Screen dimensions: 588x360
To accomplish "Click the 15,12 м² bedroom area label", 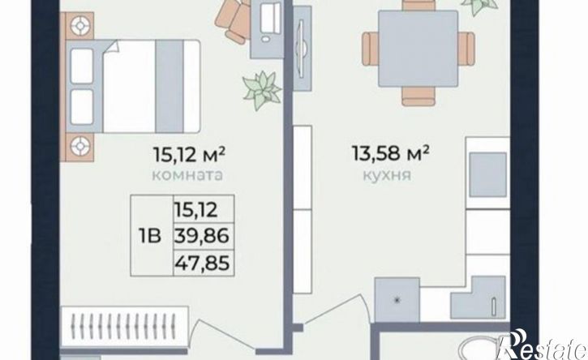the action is (189, 154).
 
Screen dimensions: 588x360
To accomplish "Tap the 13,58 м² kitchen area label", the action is (390, 153).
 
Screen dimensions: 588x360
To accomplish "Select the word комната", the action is (187, 175).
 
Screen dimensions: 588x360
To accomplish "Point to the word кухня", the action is (387, 175).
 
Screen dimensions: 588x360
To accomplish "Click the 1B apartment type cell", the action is (150, 236).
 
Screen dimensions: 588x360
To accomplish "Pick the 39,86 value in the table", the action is (202, 236).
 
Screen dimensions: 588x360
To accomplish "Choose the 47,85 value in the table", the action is (202, 263).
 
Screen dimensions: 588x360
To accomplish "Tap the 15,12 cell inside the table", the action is (195, 210).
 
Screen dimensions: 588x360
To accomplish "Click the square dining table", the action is (418, 49).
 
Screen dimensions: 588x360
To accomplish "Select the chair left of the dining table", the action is (370, 49).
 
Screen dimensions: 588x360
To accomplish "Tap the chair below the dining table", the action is (418, 96).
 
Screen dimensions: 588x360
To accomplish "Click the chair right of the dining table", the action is (466, 49).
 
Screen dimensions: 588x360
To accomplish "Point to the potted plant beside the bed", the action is (261, 90).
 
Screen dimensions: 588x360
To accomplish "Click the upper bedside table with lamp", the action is (79, 25).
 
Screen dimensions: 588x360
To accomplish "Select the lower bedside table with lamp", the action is (79, 147).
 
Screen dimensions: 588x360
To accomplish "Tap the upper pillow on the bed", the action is (82, 66).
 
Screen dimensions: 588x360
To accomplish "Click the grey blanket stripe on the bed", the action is (170, 86).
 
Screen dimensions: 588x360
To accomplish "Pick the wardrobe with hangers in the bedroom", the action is (124, 327).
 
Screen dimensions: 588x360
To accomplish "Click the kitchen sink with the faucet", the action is (479, 298).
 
